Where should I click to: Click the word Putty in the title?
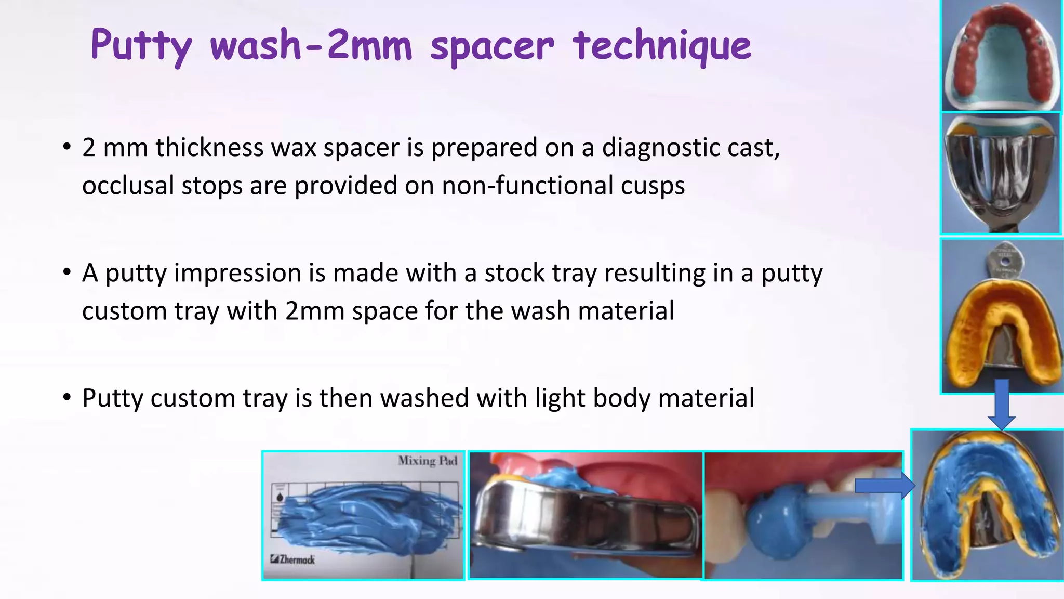(141, 46)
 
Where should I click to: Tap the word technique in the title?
(662, 46)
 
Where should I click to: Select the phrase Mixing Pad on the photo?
(427, 461)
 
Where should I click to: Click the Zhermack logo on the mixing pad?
(292, 559)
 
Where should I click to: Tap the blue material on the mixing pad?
(364, 515)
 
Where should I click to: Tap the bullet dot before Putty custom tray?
(66, 398)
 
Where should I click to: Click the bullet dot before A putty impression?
(66, 272)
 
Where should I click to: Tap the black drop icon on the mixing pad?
(280, 498)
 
